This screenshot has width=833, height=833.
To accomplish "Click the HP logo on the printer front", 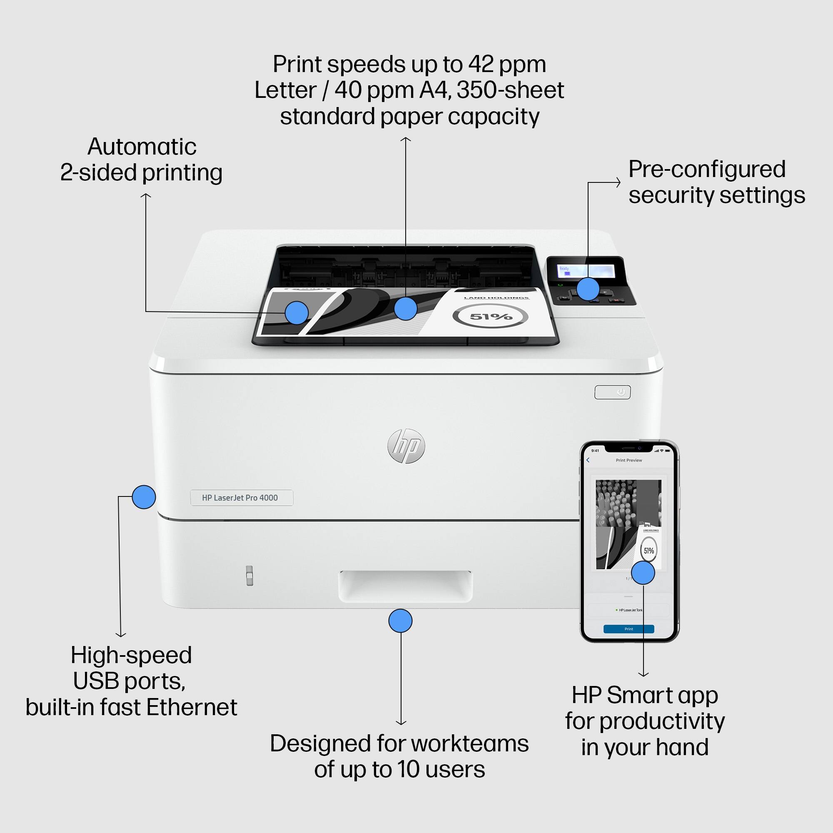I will click(406, 446).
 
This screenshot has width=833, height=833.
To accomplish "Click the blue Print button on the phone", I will click(628, 629).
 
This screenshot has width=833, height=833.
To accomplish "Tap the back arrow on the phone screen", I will click(588, 460).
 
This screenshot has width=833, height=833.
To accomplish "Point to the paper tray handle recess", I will click(405, 586).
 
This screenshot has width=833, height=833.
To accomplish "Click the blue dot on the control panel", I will click(588, 289).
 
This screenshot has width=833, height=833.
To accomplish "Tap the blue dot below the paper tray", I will click(400, 621).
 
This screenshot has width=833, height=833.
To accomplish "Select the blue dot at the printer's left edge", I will click(144, 497).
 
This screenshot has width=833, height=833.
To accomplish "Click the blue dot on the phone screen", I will click(643, 573).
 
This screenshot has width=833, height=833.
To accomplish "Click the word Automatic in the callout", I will click(142, 147).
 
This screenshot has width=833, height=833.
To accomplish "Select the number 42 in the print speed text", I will click(481, 64).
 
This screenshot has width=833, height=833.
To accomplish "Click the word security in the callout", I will click(671, 195).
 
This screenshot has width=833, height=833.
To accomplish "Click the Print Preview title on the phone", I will click(628, 460).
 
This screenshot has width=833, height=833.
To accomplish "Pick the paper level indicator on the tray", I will click(249, 576).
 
